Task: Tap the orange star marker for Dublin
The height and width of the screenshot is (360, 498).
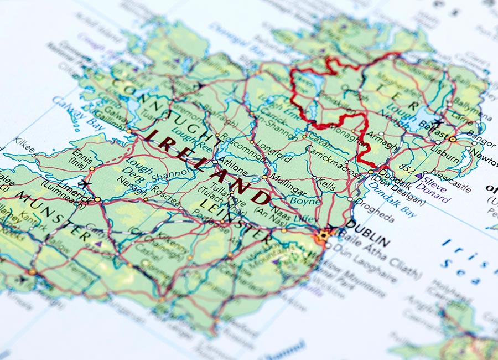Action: [323, 237]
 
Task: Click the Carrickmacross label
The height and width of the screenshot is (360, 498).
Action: [334, 161]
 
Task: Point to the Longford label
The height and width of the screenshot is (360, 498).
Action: [273, 152]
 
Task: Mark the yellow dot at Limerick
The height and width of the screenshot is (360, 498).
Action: [98, 199]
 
